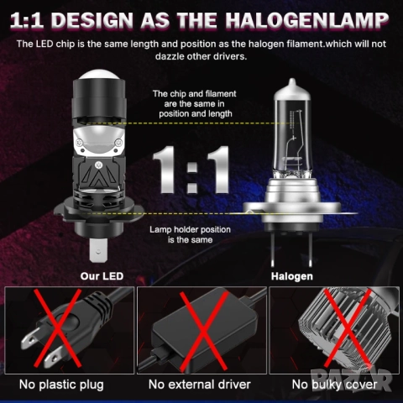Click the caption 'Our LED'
(x=102, y=275)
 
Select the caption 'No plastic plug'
(x=67, y=385)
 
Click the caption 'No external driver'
(x=201, y=385)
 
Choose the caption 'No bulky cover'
(x=334, y=385)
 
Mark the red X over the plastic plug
(x=67, y=328)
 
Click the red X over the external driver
(x=201, y=328)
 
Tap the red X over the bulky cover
(x=334, y=328)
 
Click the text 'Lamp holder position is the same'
(x=191, y=234)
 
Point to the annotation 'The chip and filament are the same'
(x=193, y=103)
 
